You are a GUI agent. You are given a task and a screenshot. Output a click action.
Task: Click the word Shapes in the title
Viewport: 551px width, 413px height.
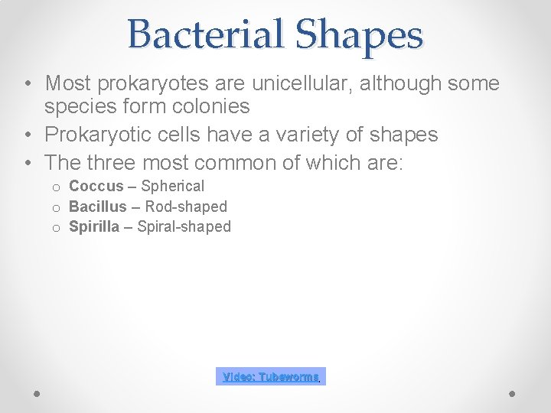click(359, 34)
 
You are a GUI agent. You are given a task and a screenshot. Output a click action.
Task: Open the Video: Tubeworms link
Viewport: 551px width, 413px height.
click(271, 377)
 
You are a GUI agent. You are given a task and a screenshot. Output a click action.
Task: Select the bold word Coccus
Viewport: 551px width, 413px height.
click(96, 186)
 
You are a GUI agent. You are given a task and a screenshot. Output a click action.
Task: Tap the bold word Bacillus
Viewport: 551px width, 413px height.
click(97, 206)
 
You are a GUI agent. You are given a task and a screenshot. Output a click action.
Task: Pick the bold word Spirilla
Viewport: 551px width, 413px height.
click(94, 226)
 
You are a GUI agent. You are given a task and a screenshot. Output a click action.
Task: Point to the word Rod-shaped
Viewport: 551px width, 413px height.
click(186, 206)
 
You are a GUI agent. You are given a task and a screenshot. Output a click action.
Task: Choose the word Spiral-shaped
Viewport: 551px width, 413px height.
click(184, 226)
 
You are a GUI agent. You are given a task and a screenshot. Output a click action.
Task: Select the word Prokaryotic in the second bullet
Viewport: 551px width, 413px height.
click(96, 135)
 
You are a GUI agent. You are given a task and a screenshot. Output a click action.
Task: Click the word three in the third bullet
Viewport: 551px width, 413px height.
click(106, 162)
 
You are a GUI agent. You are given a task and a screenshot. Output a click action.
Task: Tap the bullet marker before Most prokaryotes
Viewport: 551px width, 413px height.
click(27, 83)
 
